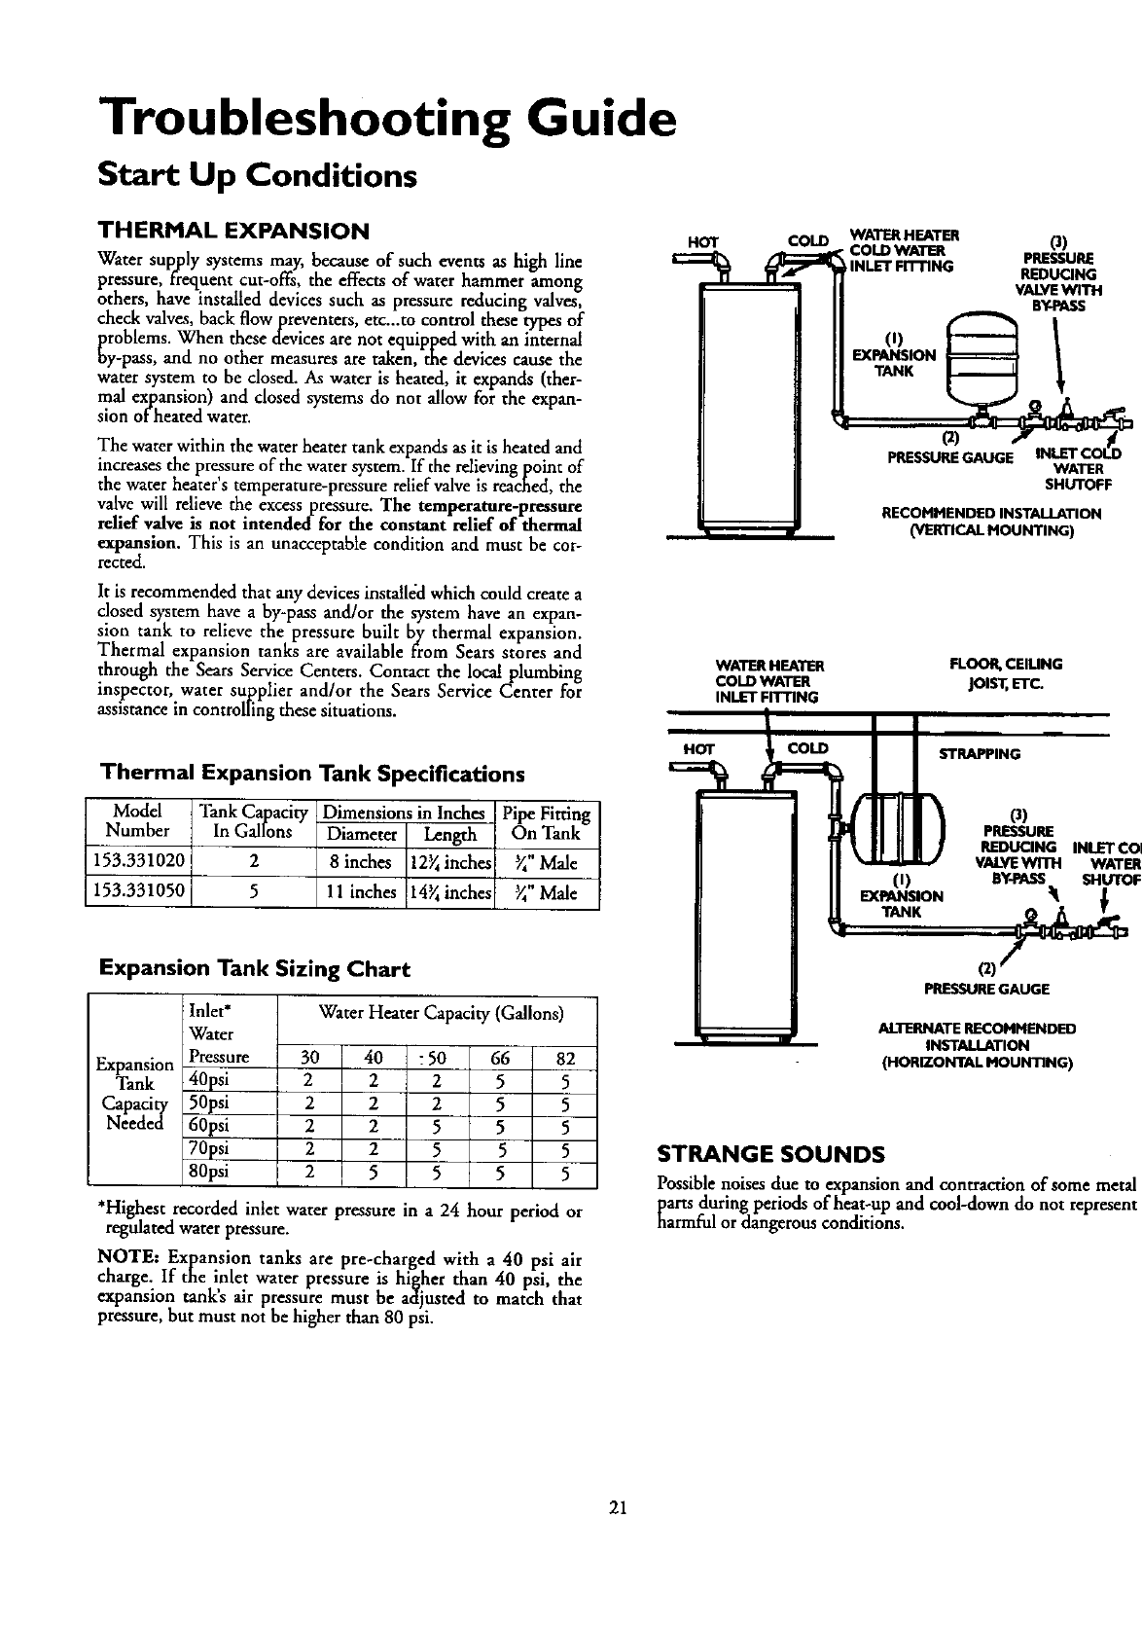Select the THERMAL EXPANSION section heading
233,232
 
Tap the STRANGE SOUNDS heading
770,1155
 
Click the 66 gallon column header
501,1059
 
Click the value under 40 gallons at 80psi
374,1172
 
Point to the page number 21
616,1508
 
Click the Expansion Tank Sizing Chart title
256,969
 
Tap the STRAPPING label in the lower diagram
979,754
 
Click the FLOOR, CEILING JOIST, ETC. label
1005,672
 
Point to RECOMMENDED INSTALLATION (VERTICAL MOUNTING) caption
990,522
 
